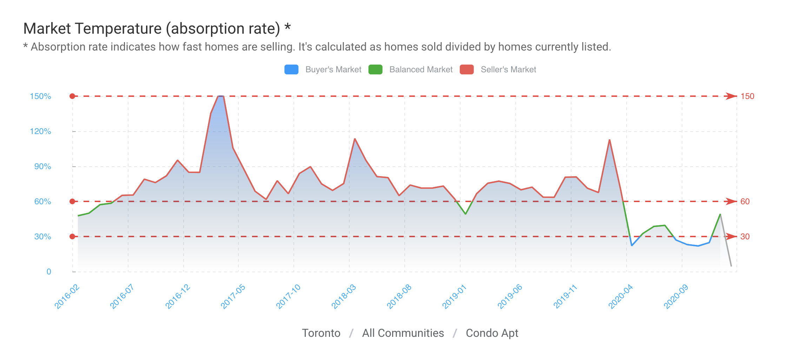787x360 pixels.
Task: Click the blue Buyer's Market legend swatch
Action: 291,69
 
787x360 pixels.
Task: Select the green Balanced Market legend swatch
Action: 375,69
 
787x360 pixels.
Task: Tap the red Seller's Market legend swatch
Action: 467,69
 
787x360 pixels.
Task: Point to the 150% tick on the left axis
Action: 40,96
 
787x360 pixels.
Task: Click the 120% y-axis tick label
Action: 40,131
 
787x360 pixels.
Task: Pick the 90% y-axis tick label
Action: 42,166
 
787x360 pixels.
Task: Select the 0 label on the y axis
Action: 49,272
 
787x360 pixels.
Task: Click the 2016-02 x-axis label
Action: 67,297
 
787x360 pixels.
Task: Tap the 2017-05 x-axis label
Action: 233,297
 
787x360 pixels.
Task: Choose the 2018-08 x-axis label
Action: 399,297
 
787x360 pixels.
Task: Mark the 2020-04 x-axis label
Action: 621,297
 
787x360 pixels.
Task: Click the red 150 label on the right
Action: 747,96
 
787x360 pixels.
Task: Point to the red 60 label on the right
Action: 745,201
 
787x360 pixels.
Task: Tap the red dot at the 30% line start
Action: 72,236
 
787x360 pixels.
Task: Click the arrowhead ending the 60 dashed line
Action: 731,201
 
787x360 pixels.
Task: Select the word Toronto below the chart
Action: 321,333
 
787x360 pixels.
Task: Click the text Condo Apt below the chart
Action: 492,333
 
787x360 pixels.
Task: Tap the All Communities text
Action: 403,333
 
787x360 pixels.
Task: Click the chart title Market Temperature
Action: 152,28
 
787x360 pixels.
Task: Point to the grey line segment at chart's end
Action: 726,240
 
